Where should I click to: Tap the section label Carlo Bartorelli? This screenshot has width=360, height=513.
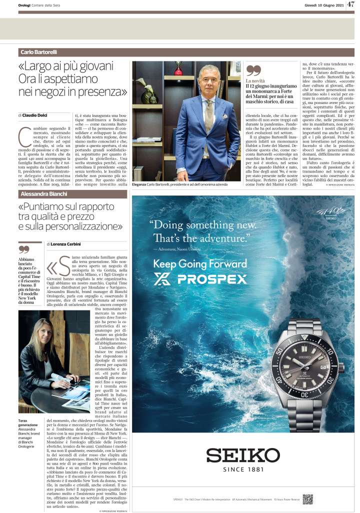(39, 52)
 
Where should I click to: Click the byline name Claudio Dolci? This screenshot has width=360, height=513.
(38, 115)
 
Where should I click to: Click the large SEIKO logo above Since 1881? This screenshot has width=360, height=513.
(243, 455)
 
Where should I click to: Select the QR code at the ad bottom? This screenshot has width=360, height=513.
(307, 498)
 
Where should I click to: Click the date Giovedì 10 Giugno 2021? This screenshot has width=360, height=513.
(324, 5)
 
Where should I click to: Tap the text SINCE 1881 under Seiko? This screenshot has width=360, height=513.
(243, 470)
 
